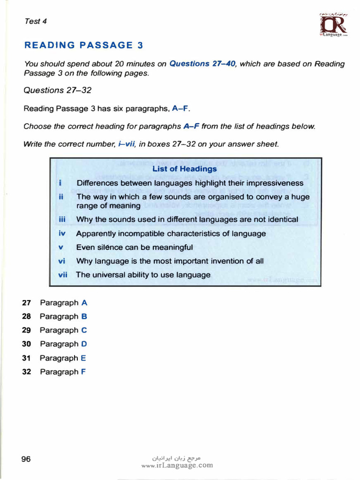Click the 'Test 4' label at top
coord(35,21)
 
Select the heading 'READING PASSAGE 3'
coord(83,45)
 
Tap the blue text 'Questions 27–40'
coord(202,64)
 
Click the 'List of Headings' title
coord(185,169)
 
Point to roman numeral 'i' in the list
coord(61,183)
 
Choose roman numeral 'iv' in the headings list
coord(62,233)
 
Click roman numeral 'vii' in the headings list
coord(63,275)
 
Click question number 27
coord(26,303)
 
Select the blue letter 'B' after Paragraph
coord(84,316)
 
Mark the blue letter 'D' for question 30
coord(84,344)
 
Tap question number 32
coord(26,372)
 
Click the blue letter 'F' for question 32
coord(83,372)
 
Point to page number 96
coord(26,459)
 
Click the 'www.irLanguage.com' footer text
coord(177,465)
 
